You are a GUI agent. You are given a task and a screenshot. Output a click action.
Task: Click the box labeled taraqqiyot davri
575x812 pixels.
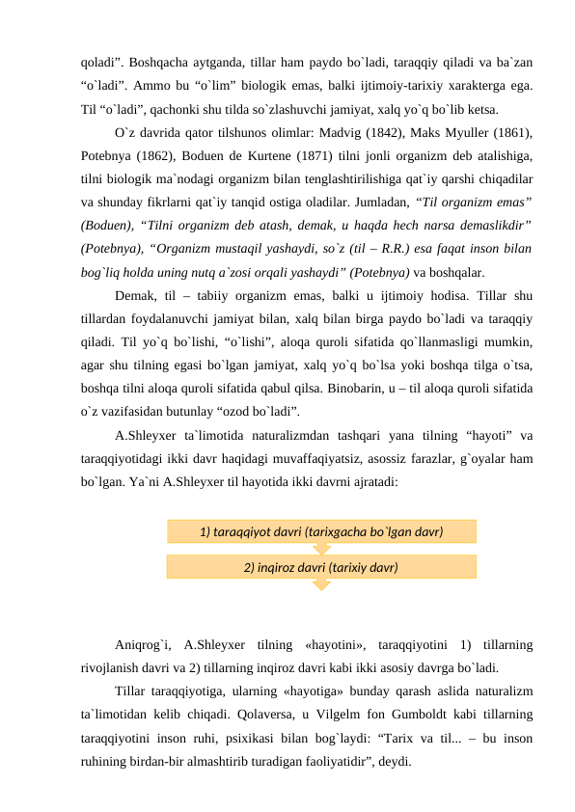(320, 531)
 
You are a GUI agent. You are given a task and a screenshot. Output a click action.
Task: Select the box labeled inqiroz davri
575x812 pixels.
(320, 566)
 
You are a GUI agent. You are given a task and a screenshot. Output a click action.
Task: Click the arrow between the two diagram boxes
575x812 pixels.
(321, 549)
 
